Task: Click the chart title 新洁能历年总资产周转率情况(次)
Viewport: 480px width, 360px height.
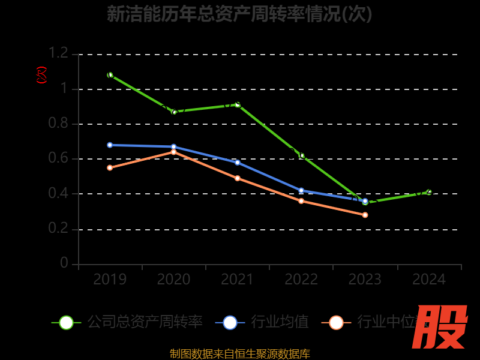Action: [x=239, y=14]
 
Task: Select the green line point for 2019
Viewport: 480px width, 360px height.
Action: [x=110, y=75]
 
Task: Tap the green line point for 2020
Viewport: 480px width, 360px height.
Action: [x=174, y=112]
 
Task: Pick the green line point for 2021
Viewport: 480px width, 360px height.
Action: [x=238, y=104]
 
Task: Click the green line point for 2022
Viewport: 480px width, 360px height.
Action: [x=302, y=155]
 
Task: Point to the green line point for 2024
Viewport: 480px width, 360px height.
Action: [x=429, y=192]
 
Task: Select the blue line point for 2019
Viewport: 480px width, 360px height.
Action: [x=110, y=145]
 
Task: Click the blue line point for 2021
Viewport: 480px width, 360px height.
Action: [x=238, y=163]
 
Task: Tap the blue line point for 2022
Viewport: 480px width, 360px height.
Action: [x=301, y=190]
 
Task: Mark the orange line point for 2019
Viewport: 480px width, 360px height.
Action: [x=110, y=167]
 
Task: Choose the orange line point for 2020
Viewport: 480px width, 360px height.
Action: [x=174, y=152]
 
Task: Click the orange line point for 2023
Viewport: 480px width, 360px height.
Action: [x=365, y=215]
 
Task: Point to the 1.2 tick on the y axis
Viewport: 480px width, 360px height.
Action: [x=58, y=53]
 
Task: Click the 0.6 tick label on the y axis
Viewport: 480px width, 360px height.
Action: [x=58, y=158]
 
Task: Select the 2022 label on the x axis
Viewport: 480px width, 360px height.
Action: [x=301, y=280]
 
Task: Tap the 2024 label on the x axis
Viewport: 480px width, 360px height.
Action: [x=429, y=280]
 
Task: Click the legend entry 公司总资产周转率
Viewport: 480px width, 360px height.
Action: [x=145, y=322]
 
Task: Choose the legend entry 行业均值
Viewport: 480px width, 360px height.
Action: [x=280, y=322]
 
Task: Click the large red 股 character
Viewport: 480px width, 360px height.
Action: [x=441, y=327]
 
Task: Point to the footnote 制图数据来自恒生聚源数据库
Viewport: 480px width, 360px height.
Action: [x=240, y=353]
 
